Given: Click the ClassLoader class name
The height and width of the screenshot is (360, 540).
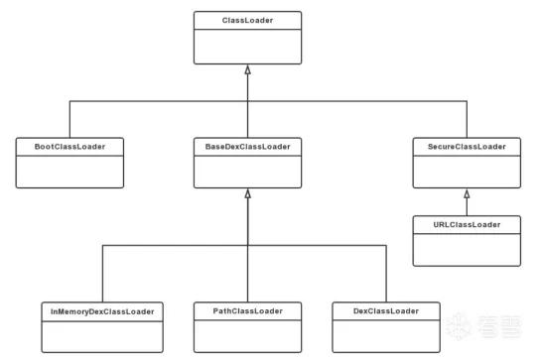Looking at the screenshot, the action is pyautogui.click(x=247, y=20).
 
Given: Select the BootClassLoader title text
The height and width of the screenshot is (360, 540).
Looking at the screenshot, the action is pyautogui.click(x=69, y=147).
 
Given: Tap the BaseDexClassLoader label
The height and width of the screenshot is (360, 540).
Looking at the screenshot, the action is pyautogui.click(x=247, y=147).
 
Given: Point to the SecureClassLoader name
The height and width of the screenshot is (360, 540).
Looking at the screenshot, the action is pyautogui.click(x=467, y=147).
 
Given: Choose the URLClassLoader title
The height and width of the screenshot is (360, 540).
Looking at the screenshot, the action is pyautogui.click(x=467, y=225).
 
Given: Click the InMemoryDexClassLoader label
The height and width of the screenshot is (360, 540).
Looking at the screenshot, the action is pyautogui.click(x=102, y=311).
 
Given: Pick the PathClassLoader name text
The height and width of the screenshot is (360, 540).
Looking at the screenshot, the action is pyautogui.click(x=247, y=311).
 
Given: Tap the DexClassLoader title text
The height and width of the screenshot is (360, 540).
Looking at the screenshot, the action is pyautogui.click(x=386, y=311).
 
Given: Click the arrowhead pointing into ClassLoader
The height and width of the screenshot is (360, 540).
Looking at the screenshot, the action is pyautogui.click(x=247, y=69).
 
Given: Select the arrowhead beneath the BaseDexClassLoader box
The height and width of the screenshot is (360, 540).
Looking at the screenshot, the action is pyautogui.click(x=247, y=193).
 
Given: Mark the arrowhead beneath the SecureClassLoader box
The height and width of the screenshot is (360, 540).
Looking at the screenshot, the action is pyautogui.click(x=467, y=193).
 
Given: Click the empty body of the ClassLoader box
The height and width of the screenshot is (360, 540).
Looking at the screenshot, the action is pyautogui.click(x=247, y=47).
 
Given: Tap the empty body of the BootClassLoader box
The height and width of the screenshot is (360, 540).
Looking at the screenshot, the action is pyautogui.click(x=69, y=172).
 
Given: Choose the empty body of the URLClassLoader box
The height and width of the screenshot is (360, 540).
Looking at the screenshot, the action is pyautogui.click(x=467, y=250).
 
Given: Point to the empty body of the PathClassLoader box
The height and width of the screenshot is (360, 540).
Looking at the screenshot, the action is pyautogui.click(x=247, y=336).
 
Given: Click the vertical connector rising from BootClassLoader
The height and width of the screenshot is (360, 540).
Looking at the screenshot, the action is pyautogui.click(x=69, y=119).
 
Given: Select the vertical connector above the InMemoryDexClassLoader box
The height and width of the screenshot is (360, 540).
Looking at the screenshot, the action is pyautogui.click(x=102, y=274).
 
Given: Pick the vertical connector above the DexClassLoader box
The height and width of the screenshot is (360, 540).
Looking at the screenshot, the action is pyautogui.click(x=386, y=274).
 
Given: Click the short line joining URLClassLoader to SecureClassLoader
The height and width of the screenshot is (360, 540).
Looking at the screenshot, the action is pyautogui.click(x=467, y=207).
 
